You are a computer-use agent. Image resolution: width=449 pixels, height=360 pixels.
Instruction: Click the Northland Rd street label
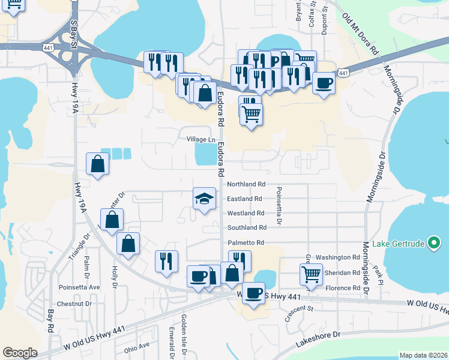(246, 184)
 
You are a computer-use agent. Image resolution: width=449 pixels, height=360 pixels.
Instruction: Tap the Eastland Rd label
(245, 199)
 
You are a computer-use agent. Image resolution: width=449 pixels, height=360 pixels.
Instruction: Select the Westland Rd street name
(246, 213)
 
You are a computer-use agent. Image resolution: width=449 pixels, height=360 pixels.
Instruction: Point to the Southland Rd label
(247, 227)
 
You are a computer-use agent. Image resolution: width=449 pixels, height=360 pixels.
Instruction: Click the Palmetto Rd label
(246, 242)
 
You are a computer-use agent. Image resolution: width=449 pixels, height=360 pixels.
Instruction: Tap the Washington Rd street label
(337, 257)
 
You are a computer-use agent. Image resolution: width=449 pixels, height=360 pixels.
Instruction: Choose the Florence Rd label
(342, 288)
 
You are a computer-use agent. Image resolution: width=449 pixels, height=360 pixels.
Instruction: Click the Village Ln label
(200, 139)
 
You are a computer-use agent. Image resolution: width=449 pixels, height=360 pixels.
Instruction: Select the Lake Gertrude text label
(398, 244)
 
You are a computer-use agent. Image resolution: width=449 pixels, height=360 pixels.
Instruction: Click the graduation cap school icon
(204, 199)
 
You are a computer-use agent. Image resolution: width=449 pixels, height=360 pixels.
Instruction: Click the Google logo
(20, 353)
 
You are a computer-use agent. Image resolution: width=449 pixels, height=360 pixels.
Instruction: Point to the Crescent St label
(300, 313)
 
